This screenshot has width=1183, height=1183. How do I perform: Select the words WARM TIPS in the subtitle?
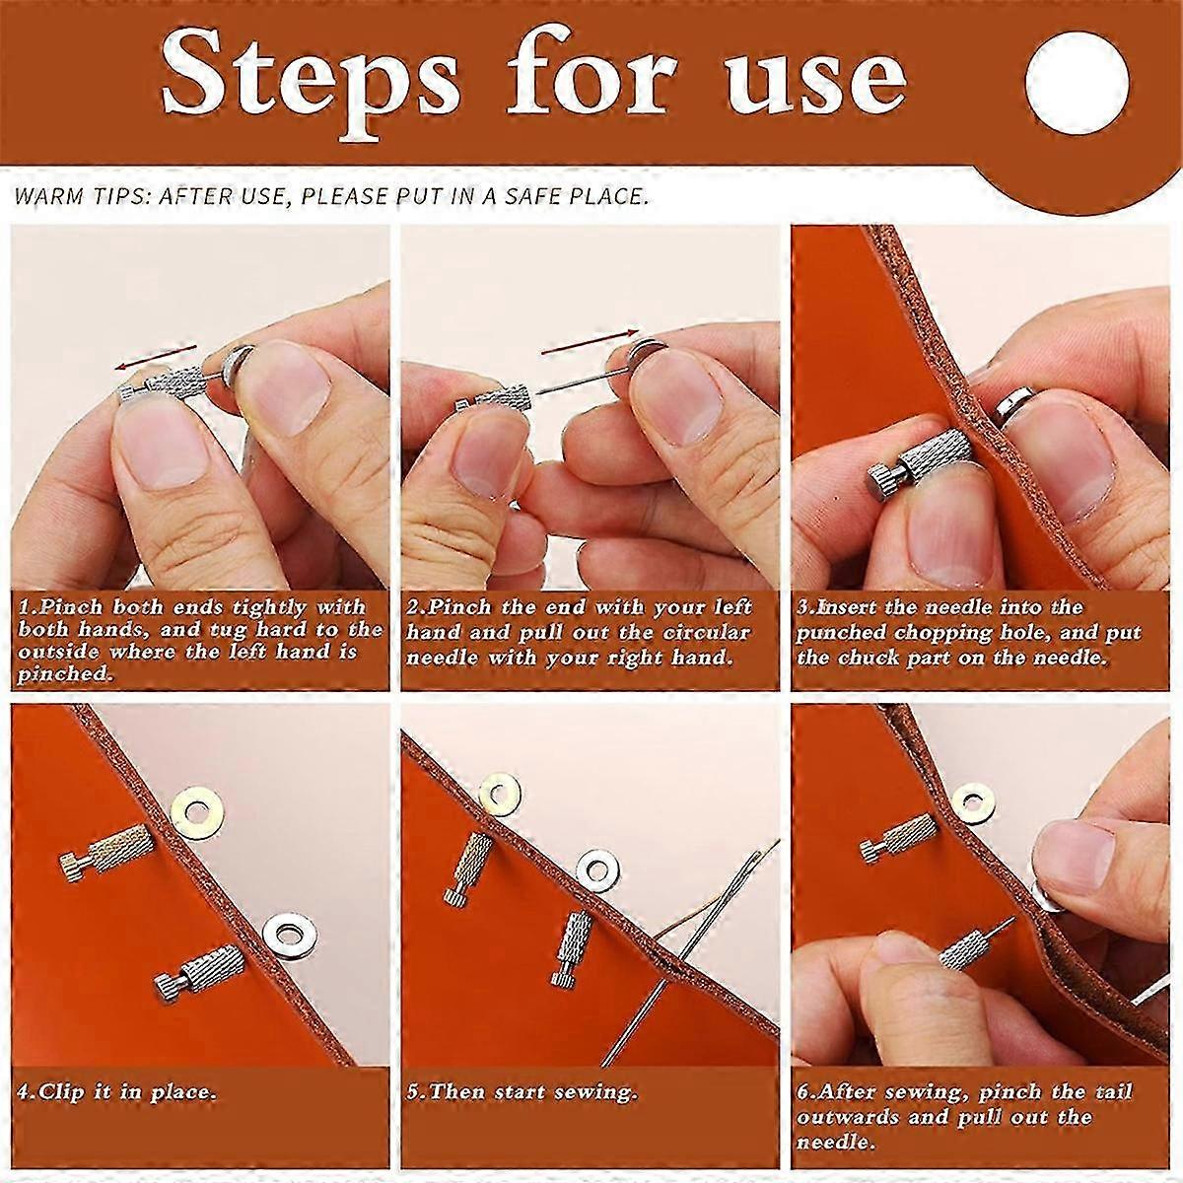(x=74, y=196)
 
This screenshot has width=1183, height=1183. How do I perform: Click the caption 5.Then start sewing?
(x=522, y=1092)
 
